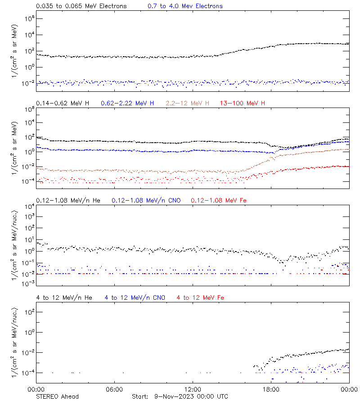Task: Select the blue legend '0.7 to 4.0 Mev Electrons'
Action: [185, 6]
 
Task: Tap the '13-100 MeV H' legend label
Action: [243, 103]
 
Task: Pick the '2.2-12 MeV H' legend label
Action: [188, 103]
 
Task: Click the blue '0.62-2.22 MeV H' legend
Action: [127, 103]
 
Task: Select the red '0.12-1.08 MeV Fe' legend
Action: [219, 201]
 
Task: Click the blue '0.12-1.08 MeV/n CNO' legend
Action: [146, 201]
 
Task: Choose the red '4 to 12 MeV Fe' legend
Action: [201, 298]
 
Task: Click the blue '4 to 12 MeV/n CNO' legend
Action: [135, 298]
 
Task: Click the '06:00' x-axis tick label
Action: [114, 390]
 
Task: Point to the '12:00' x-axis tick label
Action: [193, 390]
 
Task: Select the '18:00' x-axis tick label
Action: [271, 390]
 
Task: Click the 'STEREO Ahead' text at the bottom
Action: [57, 396]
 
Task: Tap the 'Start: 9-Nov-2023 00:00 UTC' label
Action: [180, 396]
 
